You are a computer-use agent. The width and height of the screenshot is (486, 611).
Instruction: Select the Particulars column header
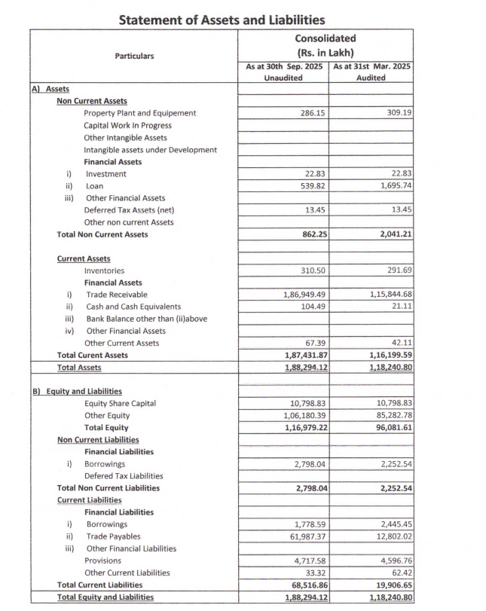(134, 56)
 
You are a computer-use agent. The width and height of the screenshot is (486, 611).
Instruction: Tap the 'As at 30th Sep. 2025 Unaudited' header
(284, 72)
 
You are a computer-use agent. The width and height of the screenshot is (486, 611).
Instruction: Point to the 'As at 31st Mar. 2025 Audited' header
(371, 72)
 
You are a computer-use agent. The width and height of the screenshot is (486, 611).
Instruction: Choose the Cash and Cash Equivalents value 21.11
(399, 307)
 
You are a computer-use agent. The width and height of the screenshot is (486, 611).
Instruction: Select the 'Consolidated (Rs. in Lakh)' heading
(326, 44)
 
